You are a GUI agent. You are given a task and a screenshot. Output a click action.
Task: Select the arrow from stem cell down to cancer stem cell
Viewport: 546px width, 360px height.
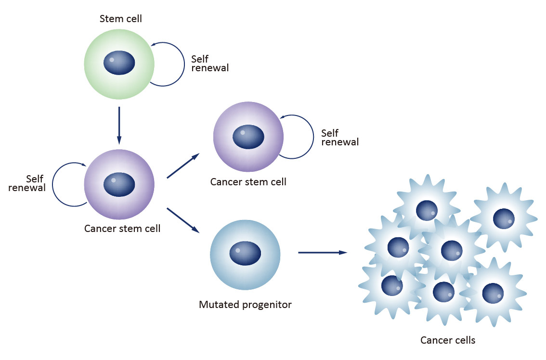click(x=119, y=125)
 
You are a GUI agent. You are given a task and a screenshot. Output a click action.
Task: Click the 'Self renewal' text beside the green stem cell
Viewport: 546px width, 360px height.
click(x=209, y=64)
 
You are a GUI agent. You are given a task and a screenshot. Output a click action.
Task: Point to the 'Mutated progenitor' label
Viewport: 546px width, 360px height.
click(x=245, y=305)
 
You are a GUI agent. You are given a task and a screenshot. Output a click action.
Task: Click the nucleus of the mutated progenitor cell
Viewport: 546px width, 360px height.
click(x=245, y=252)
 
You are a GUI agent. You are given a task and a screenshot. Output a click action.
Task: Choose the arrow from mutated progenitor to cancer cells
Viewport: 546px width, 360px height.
click(x=322, y=252)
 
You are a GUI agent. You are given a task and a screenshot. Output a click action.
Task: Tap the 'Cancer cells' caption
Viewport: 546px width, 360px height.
click(x=448, y=340)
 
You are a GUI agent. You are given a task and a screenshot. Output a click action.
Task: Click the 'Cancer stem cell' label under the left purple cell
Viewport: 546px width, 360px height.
click(x=122, y=228)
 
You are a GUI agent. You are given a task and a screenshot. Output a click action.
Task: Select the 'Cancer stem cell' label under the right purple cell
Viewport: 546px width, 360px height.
click(x=248, y=182)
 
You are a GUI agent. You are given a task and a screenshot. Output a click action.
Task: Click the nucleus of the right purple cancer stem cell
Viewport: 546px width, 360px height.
click(x=248, y=137)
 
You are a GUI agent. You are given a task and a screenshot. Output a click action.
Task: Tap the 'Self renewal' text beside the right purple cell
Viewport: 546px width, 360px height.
click(x=339, y=138)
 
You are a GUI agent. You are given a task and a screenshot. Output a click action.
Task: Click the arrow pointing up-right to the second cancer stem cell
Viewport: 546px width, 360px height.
click(x=183, y=166)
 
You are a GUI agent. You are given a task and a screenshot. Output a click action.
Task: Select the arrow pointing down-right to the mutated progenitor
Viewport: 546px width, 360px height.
click(x=183, y=220)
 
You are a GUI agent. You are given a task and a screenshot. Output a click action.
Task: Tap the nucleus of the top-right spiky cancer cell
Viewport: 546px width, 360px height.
click(x=504, y=219)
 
